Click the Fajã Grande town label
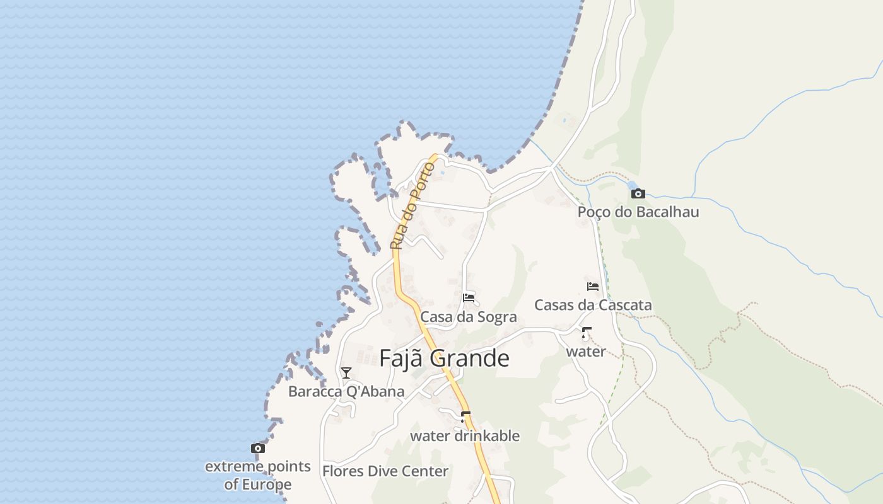[x=444, y=358]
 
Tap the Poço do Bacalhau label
[x=638, y=212]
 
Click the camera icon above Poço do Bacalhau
[x=638, y=193]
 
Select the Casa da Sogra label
[x=469, y=317]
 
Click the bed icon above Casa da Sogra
[x=469, y=297]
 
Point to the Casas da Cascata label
[x=593, y=305]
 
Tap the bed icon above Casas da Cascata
[x=593, y=286]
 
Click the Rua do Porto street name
[x=413, y=206]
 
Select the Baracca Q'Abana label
[x=346, y=391]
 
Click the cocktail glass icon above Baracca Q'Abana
[x=346, y=373]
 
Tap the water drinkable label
[x=465, y=436]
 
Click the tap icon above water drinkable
[x=465, y=417]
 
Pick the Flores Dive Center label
[x=385, y=471]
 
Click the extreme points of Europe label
[x=258, y=475]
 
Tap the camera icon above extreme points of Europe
[x=257, y=449]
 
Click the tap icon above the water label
[x=587, y=333]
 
